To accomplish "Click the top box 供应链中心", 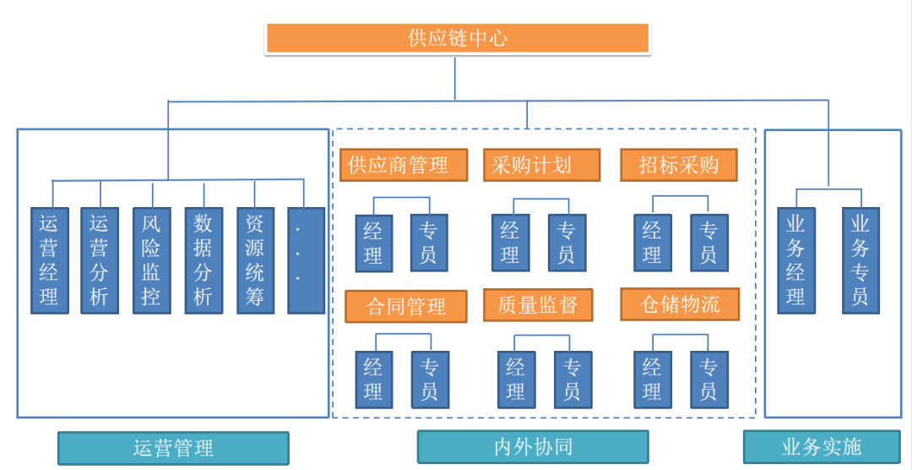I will [x=457, y=39].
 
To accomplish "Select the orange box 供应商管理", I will [x=404, y=165].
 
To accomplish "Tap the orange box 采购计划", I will [x=541, y=165].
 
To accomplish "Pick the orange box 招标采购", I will [x=678, y=165].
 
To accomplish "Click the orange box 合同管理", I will [x=406, y=305].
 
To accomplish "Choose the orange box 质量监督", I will [x=537, y=305].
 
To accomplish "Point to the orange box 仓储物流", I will [x=680, y=304].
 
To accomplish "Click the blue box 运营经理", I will [x=50, y=260].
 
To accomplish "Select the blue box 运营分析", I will [x=100, y=260].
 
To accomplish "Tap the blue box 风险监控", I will [x=151, y=260].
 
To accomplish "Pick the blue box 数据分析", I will [x=204, y=260].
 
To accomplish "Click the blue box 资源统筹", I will [x=255, y=260].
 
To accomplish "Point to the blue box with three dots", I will [x=306, y=260].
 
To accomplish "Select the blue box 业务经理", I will [x=795, y=260].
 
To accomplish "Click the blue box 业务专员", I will [x=860, y=260].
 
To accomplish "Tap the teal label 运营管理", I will [x=173, y=447].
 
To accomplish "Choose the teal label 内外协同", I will [x=533, y=446].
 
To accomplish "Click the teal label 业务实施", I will [x=821, y=446].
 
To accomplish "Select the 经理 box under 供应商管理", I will [x=373, y=243].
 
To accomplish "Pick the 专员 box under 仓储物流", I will [x=708, y=380].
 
